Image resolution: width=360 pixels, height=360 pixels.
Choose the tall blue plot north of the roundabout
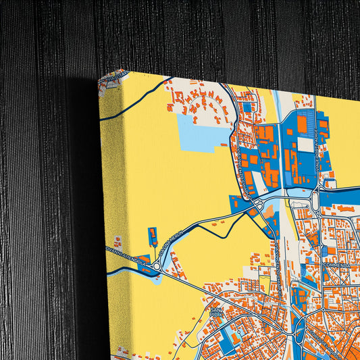(153, 237)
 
